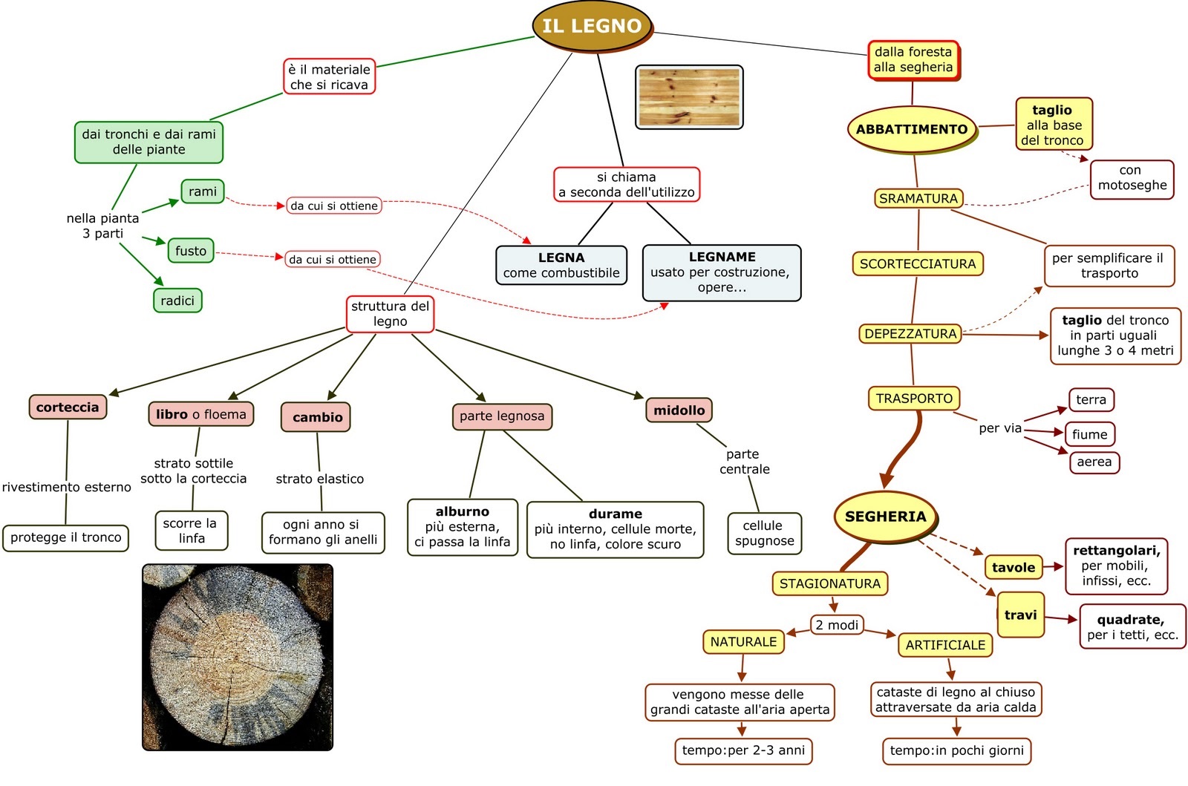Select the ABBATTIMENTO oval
(912, 129)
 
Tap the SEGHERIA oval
(885, 517)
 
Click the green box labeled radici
(177, 301)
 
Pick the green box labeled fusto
(191, 251)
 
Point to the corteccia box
(68, 407)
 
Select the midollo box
(679, 410)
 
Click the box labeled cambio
(317, 417)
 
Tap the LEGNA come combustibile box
(561, 265)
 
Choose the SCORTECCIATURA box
(918, 263)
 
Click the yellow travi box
(1020, 615)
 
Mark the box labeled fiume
(1089, 434)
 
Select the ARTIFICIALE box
(945, 645)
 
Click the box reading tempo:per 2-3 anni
(743, 750)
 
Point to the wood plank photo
(689, 97)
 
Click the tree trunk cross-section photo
(238, 658)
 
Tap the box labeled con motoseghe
(1132, 178)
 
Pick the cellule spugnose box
(764, 534)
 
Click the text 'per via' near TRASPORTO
(1000, 428)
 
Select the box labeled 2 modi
(837, 625)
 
